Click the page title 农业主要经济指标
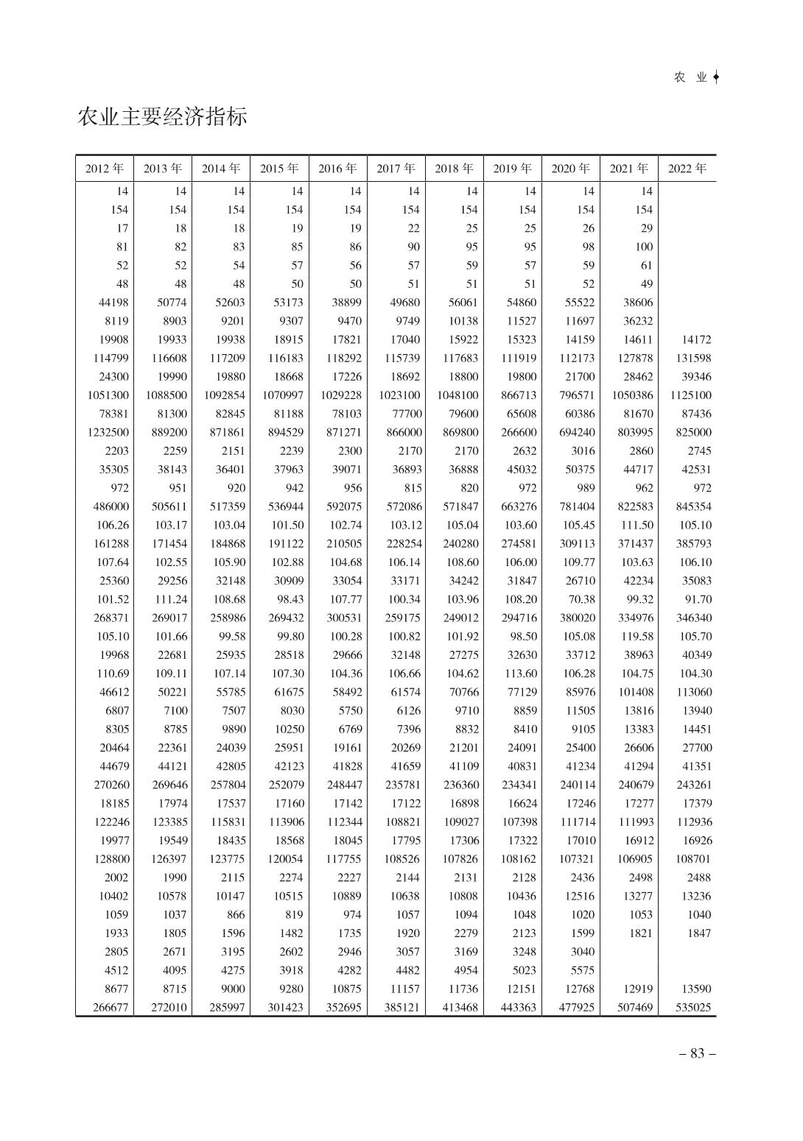(x=162, y=116)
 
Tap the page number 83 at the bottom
(x=696, y=1053)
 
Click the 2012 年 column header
(x=105, y=169)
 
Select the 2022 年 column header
(x=687, y=169)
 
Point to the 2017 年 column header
(x=396, y=169)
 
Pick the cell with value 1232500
(x=108, y=432)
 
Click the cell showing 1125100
(x=690, y=395)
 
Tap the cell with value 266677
(x=111, y=1007)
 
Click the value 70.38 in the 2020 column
(x=581, y=599)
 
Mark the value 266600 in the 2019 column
(x=519, y=432)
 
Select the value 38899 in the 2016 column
(x=344, y=303)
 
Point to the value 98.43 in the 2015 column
(x=290, y=599)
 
